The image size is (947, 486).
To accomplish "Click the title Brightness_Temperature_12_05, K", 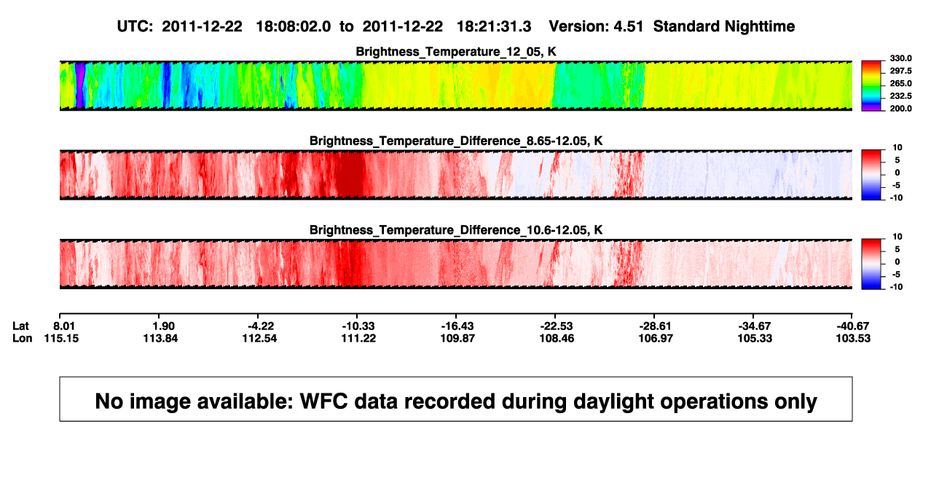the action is (x=456, y=52).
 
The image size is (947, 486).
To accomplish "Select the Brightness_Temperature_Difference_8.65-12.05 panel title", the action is (x=456, y=141).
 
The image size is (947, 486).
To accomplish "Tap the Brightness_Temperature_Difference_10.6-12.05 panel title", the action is (x=456, y=230).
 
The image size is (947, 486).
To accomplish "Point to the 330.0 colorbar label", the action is (x=900, y=58).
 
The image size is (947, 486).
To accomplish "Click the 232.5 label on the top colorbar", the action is (x=900, y=96).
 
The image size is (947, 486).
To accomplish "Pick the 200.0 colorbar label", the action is (x=900, y=109).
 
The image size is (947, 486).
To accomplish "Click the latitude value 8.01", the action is (x=64, y=326).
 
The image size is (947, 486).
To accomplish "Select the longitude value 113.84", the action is (x=160, y=338).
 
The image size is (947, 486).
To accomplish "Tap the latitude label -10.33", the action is (x=358, y=326).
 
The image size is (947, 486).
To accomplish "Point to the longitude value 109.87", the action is (x=457, y=338).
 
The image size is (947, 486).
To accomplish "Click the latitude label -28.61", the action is (x=656, y=326).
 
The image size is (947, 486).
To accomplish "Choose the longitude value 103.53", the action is (x=853, y=338).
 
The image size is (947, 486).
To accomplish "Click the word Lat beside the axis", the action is (x=20, y=326).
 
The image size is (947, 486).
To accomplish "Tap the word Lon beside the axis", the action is (x=23, y=338).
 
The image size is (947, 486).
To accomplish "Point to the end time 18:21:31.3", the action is (x=494, y=27).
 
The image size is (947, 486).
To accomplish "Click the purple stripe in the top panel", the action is (x=80, y=85).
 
